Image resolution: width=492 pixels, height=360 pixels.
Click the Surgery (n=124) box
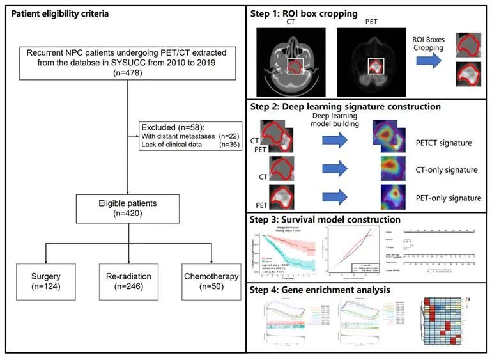point(45,282)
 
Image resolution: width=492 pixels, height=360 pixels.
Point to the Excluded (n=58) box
point(190,136)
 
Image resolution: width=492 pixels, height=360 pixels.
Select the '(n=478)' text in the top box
point(127,74)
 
